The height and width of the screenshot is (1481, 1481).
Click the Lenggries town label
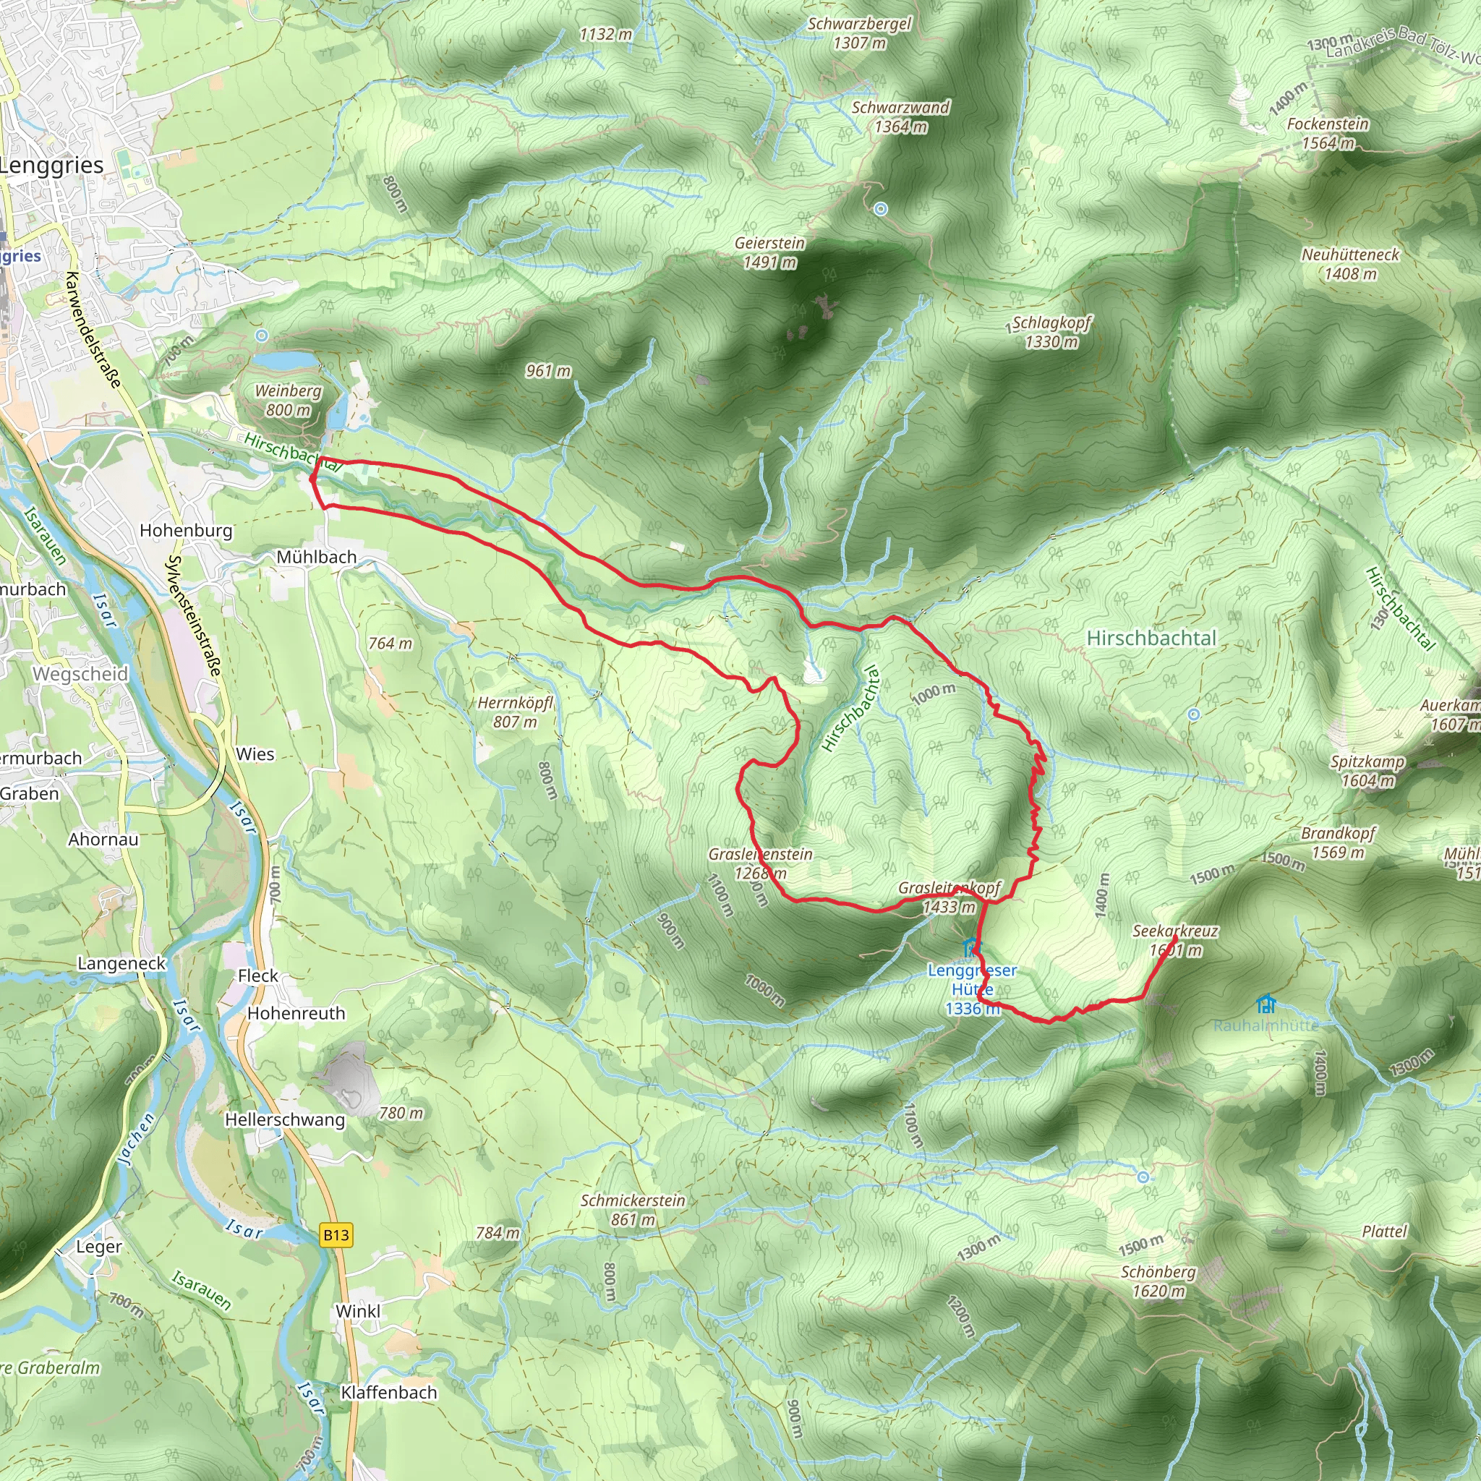pos(52,166)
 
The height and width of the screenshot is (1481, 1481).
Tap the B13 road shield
pos(336,1235)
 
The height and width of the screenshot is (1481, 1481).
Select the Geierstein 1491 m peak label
pos(769,252)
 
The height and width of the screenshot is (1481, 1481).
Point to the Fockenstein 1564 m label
pos(1327,133)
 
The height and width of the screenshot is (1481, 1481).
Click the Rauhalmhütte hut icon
pos(1266,1004)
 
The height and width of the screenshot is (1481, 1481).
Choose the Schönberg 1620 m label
pos(1158,1281)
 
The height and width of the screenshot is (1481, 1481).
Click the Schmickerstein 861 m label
pos(633,1210)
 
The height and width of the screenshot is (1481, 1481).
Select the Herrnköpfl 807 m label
pos(515,712)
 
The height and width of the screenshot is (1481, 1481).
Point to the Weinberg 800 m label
pos(289,400)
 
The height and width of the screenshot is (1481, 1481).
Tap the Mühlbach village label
pos(317,558)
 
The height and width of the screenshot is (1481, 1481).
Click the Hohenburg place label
pos(186,531)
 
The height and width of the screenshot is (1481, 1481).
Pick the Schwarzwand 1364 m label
pos(901,116)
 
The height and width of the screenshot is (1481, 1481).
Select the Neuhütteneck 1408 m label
pos(1350,264)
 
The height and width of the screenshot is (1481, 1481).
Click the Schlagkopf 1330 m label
pos(1051,332)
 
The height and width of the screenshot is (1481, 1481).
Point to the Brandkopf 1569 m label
pos(1339,842)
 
